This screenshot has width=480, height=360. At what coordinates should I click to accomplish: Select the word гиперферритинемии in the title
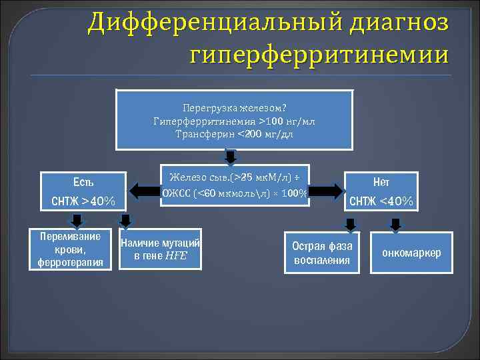click(319, 53)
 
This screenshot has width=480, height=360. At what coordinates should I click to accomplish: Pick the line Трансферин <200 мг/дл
click(234, 134)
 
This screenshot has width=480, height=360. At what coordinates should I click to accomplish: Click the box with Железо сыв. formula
click(235, 185)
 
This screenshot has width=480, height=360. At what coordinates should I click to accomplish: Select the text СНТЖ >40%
click(83, 201)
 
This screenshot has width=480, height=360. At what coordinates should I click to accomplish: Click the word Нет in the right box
click(381, 181)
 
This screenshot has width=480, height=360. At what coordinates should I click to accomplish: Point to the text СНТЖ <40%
click(381, 201)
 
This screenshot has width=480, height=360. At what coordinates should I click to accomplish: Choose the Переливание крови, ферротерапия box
click(70, 249)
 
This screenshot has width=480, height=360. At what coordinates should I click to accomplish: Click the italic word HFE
click(177, 255)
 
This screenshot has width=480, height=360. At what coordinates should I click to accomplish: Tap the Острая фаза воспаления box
click(321, 252)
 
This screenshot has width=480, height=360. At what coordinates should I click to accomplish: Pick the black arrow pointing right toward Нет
click(326, 191)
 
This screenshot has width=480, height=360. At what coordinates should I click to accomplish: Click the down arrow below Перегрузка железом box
click(230, 157)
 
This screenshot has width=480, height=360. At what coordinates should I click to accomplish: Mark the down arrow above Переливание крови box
click(77, 221)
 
